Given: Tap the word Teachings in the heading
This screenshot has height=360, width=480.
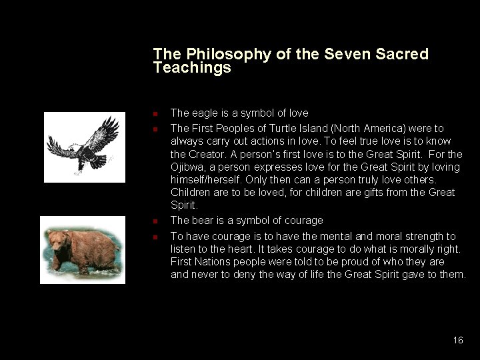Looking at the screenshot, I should pos(192,68).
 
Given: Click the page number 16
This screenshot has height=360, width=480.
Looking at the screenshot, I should pos(457,340).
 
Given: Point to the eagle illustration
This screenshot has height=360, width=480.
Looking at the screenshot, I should pos(84,146).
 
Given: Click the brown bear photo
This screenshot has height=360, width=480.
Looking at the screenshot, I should pos(83,249).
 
